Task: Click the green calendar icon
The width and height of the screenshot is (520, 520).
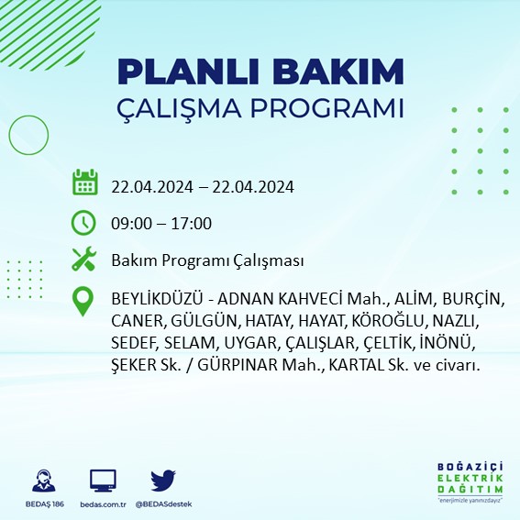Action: pyautogui.click(x=84, y=183)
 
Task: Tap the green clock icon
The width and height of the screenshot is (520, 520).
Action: pyautogui.click(x=84, y=222)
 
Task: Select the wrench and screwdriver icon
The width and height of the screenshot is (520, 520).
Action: pyautogui.click(x=84, y=260)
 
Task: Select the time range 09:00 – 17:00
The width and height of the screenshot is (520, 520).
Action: pyautogui.click(x=161, y=223)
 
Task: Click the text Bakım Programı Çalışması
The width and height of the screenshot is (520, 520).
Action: pyautogui.click(x=207, y=261)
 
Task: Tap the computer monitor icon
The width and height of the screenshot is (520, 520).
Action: pyautogui.click(x=103, y=481)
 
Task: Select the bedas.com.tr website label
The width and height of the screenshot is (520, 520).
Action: pyautogui.click(x=103, y=504)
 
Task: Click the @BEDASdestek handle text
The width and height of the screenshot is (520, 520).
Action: pyautogui.click(x=163, y=504)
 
